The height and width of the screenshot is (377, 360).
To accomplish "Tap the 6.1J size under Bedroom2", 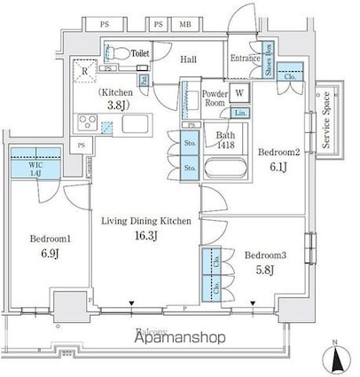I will pyautogui.click(x=271, y=168).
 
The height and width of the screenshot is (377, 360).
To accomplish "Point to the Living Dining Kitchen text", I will pyautogui.click(x=144, y=221).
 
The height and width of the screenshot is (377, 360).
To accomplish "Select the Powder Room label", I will pyautogui.click(x=215, y=98).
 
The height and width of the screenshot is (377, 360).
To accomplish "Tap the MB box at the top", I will pyautogui.click(x=185, y=23).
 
